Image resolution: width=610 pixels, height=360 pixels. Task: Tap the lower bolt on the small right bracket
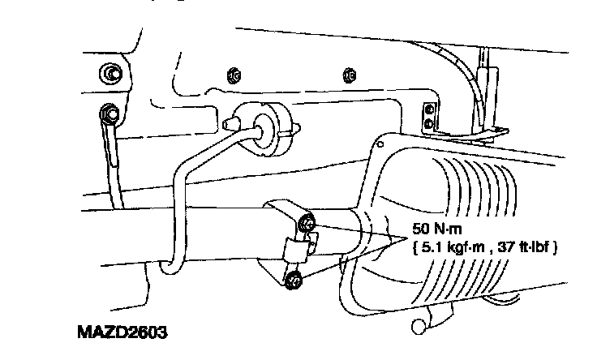428,124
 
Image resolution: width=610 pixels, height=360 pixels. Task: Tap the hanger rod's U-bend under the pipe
172,266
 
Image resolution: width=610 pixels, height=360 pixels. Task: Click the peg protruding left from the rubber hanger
226,122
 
